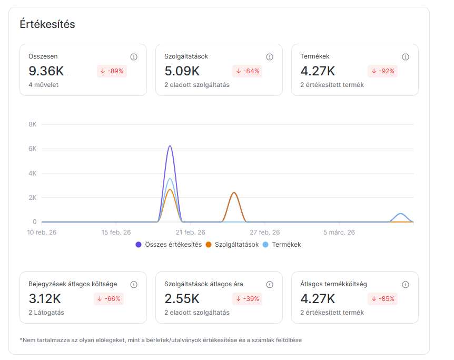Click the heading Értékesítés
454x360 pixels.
[47, 24]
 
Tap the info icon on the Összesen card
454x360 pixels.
[134, 57]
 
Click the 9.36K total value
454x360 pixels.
[46, 71]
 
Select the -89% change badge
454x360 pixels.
[112, 71]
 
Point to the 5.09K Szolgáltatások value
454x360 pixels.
[182, 71]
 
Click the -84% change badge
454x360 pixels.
[248, 71]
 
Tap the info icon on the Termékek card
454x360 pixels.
[406, 57]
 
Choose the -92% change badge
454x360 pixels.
[383, 71]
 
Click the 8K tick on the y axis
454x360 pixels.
[32, 124]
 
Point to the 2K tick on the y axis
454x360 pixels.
[32, 198]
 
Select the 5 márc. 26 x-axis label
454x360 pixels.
[339, 232]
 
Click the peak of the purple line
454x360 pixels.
[170, 146]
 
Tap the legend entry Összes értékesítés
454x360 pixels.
[169, 245]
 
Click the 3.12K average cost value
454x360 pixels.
[45, 299]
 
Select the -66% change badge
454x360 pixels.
[110, 299]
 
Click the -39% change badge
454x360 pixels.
[248, 299]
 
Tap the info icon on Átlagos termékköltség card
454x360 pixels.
[406, 285]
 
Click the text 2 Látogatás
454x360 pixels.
[46, 313]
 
